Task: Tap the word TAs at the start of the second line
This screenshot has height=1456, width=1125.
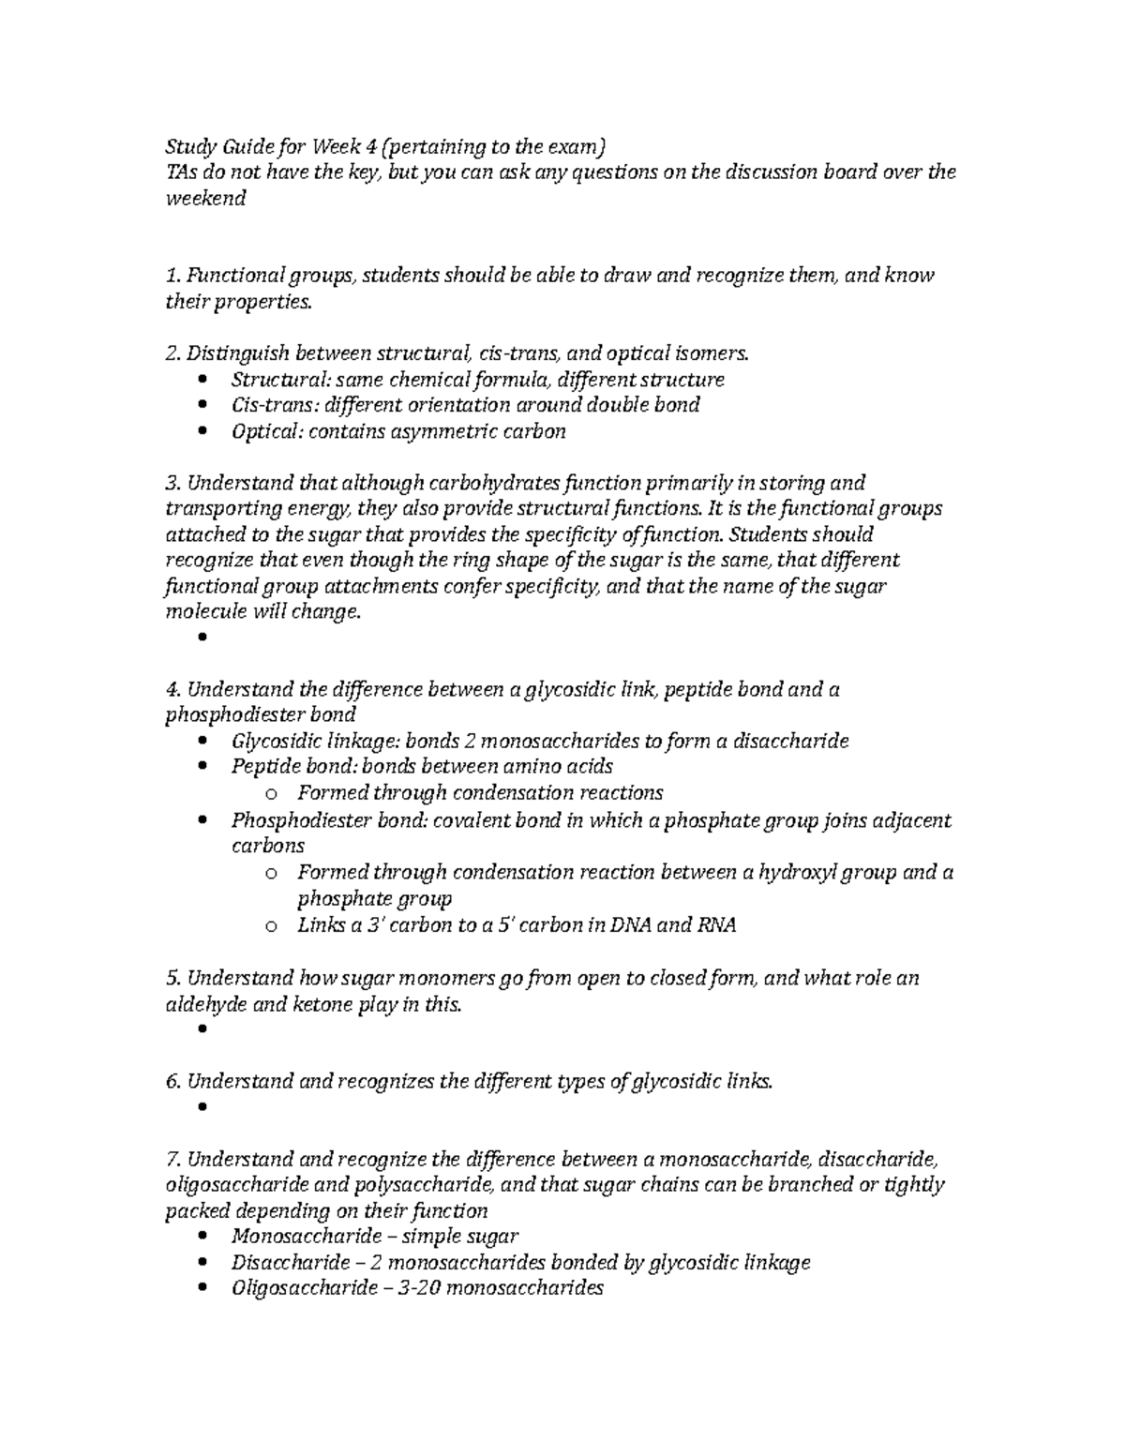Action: tap(179, 173)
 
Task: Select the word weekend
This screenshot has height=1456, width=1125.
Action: tap(205, 199)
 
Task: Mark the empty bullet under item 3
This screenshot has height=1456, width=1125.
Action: tap(202, 638)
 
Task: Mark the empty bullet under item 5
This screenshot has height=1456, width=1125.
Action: tap(202, 1029)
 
